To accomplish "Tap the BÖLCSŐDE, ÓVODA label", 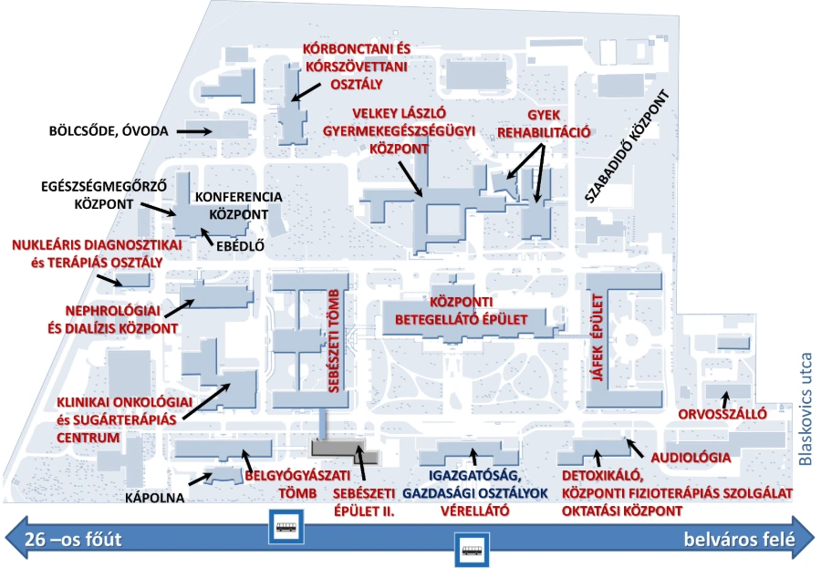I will (x=108, y=131).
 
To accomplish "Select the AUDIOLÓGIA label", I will (x=690, y=457).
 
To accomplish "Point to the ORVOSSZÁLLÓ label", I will (x=722, y=413).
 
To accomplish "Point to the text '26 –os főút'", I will (x=73, y=540).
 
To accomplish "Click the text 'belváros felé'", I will (x=739, y=540).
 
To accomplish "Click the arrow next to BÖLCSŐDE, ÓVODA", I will (x=193, y=131).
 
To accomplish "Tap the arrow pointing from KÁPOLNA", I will (x=199, y=480).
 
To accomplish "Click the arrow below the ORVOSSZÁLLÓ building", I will (x=725, y=398).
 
